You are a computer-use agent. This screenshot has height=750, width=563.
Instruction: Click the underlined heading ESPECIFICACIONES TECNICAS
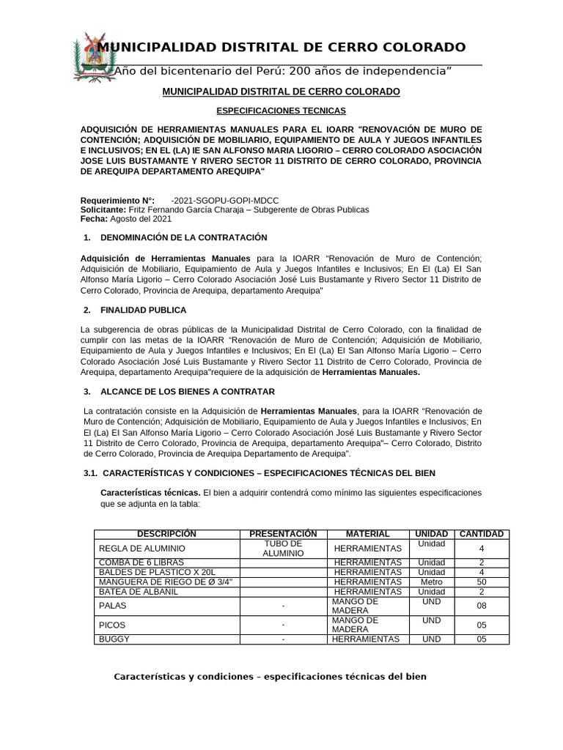click(281, 111)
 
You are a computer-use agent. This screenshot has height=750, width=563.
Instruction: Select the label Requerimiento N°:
click(117, 200)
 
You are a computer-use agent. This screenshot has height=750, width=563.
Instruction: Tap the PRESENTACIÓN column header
click(283, 534)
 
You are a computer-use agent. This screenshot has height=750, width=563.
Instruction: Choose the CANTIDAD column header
click(482, 534)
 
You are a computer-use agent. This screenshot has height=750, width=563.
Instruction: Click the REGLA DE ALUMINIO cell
click(141, 549)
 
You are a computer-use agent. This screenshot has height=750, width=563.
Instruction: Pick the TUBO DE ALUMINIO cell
click(283, 549)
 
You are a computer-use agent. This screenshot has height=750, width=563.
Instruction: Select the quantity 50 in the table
click(482, 582)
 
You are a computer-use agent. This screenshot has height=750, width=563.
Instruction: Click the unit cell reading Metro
click(431, 582)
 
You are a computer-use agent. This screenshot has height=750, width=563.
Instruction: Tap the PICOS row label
click(112, 625)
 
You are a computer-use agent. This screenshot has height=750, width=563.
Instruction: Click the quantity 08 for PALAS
click(482, 606)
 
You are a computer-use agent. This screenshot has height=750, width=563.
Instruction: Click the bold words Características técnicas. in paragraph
click(150, 492)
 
